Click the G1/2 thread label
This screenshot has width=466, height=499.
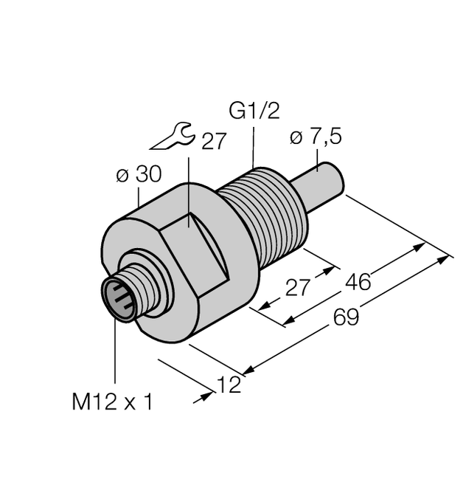coord(254,112)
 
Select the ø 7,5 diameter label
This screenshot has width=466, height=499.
coord(316,137)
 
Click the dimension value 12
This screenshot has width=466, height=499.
coord(230,385)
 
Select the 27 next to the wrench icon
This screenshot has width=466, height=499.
coord(214,142)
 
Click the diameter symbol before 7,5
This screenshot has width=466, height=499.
coord(296,138)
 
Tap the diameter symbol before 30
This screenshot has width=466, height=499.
coord(122,176)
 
